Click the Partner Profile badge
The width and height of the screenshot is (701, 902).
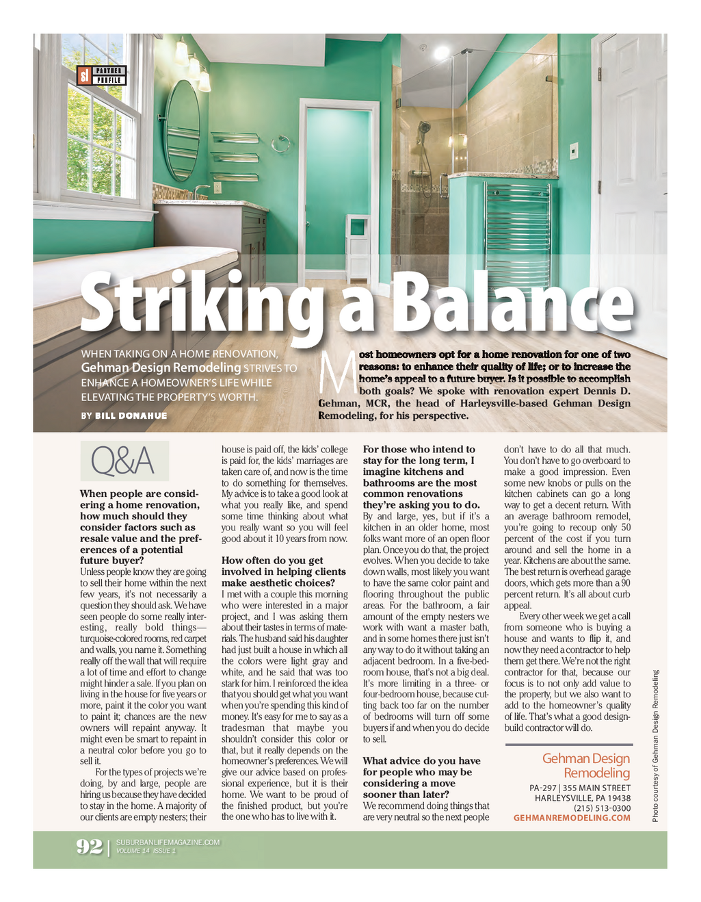tap(102, 75)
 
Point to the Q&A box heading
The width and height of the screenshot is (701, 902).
tap(124, 461)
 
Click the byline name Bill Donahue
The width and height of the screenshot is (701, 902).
tap(131, 415)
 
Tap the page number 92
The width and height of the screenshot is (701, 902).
tap(90, 847)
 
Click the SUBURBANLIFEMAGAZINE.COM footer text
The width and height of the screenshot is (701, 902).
tap(168, 842)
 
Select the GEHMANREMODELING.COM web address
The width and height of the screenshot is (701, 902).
tap(572, 818)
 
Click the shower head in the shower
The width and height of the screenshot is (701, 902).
tap(425, 127)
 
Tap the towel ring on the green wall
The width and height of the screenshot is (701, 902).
tap(280, 144)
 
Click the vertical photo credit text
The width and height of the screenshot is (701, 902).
tap(654, 745)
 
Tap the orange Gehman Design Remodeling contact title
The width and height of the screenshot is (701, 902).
tap(586, 766)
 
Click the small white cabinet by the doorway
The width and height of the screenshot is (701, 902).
tap(358, 246)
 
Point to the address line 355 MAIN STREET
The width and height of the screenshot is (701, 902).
tap(596, 788)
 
